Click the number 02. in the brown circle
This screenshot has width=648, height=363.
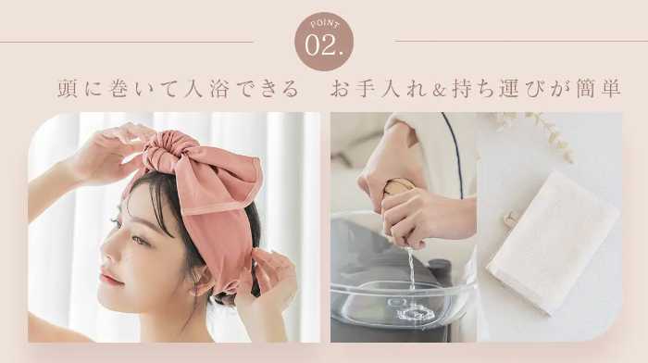(324, 45)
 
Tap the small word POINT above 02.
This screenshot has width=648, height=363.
(325, 24)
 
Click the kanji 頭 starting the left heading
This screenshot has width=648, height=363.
(68, 88)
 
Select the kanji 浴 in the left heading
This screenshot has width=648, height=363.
(219, 88)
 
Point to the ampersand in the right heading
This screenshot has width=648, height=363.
(438, 90)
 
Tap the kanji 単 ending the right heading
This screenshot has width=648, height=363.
(611, 88)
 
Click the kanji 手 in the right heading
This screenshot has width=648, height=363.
(365, 88)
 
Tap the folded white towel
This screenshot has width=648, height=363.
(554, 244)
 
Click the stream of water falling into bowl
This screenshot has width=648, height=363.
(411, 269)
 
